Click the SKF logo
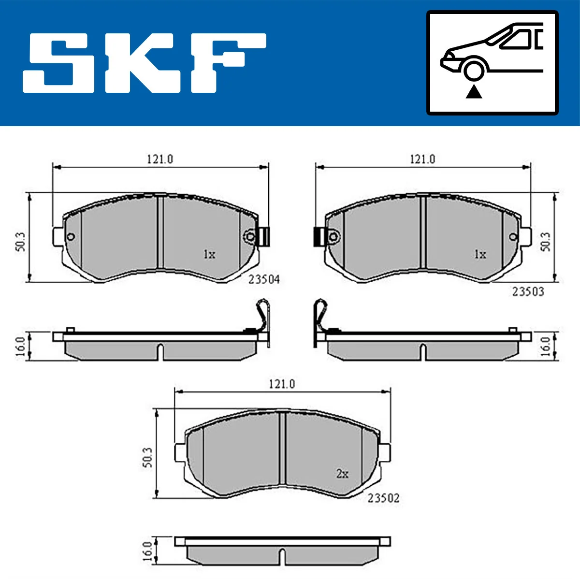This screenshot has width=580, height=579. (x=144, y=63)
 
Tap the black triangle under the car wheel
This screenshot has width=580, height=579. (x=474, y=91)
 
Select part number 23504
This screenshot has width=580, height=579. (x=264, y=279)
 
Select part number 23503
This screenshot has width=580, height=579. (x=528, y=291)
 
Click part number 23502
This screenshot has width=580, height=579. (x=383, y=498)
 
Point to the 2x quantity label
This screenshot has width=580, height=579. (x=342, y=474)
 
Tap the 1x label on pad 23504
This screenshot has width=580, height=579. (x=209, y=254)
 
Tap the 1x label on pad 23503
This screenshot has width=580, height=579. (x=479, y=254)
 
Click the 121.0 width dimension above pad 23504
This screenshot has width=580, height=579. (x=160, y=159)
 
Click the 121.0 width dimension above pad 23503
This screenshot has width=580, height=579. (x=422, y=159)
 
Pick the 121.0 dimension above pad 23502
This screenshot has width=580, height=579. (x=282, y=384)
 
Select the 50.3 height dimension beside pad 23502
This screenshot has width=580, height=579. (x=147, y=457)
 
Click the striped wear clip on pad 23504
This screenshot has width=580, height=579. (x=263, y=236)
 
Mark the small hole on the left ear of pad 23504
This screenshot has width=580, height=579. (x=71, y=236)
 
